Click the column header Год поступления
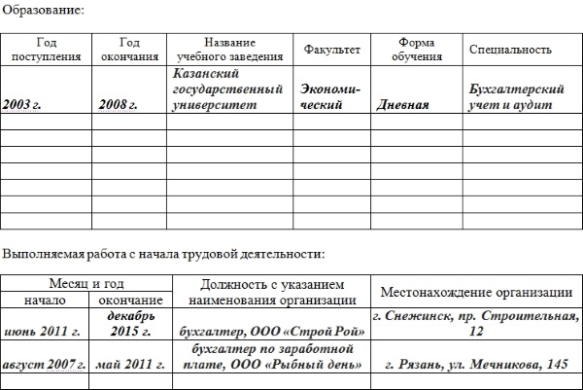47,50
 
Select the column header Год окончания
129,50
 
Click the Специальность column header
510,50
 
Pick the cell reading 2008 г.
118,104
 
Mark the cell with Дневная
402,105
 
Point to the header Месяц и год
86,283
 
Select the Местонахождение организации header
475,292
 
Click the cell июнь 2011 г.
41,332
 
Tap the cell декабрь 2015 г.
131,325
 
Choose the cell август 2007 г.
45,365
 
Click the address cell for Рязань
475,365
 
